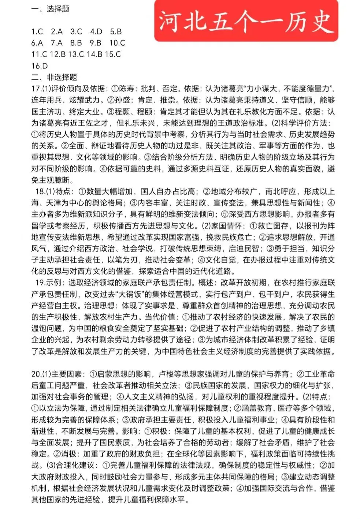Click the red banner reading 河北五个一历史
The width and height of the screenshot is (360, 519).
pyautogui.click(x=246, y=21)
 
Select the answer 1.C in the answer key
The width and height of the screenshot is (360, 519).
pyautogui.click(x=37, y=31)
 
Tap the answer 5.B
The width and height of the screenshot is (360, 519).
pyautogui.click(x=116, y=31)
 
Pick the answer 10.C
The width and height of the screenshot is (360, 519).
pyautogui.click(x=117, y=43)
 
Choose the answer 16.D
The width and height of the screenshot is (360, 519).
pyautogui.click(x=40, y=66)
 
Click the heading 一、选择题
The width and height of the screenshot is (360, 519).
pyautogui.click(x=50, y=9)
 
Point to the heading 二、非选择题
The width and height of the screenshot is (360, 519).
pyautogui.click(x=54, y=77)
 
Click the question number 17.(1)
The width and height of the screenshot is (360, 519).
pyautogui.click(x=41, y=89)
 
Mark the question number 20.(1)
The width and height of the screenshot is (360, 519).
pyautogui.click(x=41, y=374)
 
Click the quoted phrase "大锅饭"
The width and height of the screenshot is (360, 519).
pyautogui.click(x=130, y=294)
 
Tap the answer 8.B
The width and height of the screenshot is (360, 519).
pyautogui.click(x=76, y=43)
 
